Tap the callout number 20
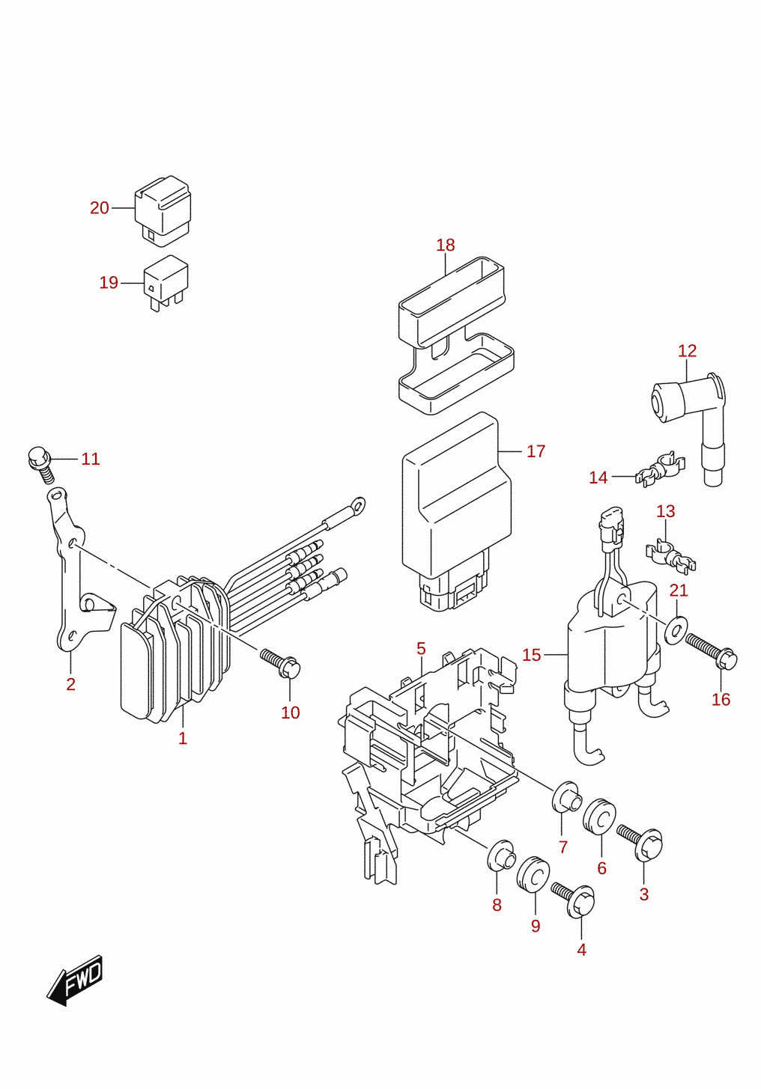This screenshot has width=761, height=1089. [100, 208]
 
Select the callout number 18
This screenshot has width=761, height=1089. [445, 245]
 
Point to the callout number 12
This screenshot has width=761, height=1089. [687, 350]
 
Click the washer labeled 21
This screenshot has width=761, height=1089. [676, 630]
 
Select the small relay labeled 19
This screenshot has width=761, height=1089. [166, 283]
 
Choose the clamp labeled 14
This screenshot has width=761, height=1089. [661, 469]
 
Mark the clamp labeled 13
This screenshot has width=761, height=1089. [670, 557]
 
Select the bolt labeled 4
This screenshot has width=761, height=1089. [573, 902]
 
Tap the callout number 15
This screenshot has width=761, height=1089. [531, 656]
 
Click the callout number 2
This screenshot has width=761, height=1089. [71, 684]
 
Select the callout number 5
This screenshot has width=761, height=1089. [421, 648]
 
